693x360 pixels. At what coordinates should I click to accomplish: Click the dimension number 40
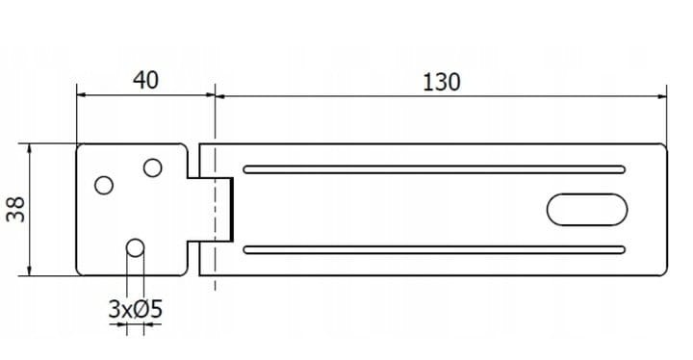click(145, 80)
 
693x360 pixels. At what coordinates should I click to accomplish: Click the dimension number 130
click(441, 82)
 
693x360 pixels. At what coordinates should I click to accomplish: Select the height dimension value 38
click(16, 209)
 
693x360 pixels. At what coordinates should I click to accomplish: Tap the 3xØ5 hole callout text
click(136, 309)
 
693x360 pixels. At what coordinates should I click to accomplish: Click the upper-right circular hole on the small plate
click(152, 167)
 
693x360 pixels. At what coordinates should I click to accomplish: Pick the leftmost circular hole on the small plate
click(104, 186)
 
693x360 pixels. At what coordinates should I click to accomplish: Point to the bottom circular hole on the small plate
click(135, 248)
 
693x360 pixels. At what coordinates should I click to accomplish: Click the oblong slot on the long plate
click(587, 209)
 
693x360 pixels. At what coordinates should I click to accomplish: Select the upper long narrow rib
click(434, 169)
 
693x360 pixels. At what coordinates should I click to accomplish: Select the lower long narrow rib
click(434, 250)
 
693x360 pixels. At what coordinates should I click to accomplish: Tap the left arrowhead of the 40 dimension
click(81, 94)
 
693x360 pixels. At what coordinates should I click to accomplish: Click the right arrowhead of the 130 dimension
click(662, 96)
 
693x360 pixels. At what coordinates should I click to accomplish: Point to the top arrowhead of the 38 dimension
click(29, 147)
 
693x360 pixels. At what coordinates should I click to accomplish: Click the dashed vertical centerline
click(215, 188)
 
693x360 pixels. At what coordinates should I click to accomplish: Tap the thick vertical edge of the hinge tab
click(232, 209)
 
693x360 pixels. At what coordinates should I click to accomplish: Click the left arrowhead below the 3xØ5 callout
click(122, 324)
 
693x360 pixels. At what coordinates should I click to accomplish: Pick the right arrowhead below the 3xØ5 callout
click(148, 324)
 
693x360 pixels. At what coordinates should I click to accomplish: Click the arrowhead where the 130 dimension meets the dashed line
click(219, 96)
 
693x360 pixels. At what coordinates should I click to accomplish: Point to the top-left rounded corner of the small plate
click(79, 146)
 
